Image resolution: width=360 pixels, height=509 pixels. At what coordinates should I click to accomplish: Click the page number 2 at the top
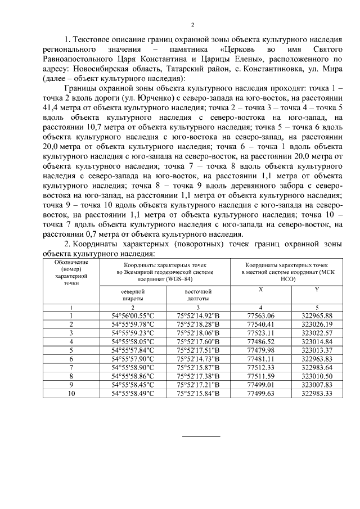click(192, 25)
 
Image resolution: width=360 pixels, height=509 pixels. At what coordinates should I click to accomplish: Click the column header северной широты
click(133, 295)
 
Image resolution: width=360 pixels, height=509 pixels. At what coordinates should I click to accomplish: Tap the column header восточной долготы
click(198, 295)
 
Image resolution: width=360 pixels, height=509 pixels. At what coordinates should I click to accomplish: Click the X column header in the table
click(260, 289)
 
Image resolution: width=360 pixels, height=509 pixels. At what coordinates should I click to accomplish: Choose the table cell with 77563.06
click(260, 316)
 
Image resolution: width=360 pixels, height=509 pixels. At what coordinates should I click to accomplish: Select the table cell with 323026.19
click(317, 325)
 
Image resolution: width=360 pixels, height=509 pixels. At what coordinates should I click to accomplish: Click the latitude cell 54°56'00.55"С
click(133, 316)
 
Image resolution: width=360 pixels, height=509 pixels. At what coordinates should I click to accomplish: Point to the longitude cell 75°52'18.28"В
click(198, 325)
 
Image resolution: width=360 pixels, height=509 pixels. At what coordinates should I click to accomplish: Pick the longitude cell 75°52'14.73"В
click(198, 358)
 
